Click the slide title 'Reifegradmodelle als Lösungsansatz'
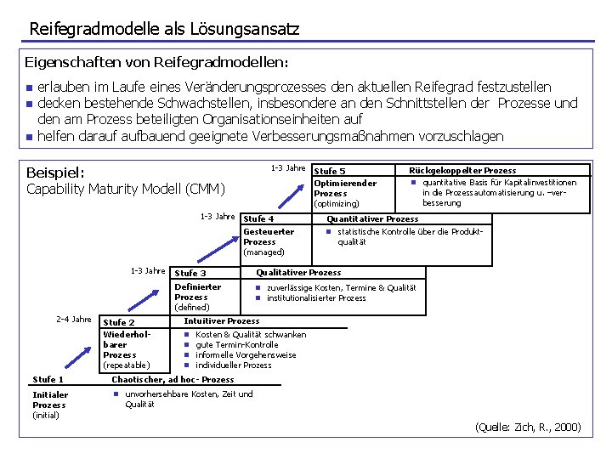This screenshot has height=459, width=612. click(x=164, y=29)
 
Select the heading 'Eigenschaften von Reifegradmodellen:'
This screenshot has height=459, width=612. click(x=156, y=63)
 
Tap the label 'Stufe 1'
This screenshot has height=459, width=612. click(x=48, y=379)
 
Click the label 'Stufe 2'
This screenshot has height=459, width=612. click(x=119, y=322)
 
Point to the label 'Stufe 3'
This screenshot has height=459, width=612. click(x=190, y=273)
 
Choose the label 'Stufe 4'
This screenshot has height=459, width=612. click(x=258, y=218)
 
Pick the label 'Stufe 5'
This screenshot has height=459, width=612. click(x=330, y=171)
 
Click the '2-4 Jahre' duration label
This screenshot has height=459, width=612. click(x=73, y=320)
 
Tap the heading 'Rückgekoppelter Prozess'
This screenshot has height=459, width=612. click(x=462, y=170)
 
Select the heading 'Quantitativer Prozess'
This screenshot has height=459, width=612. click(x=372, y=218)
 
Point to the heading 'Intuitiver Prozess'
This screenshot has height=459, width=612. click(x=222, y=320)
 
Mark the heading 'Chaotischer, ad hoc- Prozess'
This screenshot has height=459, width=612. click(x=173, y=379)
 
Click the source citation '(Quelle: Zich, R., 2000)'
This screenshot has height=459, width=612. click(x=528, y=427)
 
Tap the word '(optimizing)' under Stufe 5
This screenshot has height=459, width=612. click(x=337, y=203)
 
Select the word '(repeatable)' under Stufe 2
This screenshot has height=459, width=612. click(x=126, y=365)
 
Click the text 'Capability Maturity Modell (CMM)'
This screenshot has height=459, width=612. click(x=126, y=189)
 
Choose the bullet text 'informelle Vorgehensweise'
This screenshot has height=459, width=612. click(x=246, y=354)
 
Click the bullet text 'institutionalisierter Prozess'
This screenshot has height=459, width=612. click(x=316, y=297)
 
